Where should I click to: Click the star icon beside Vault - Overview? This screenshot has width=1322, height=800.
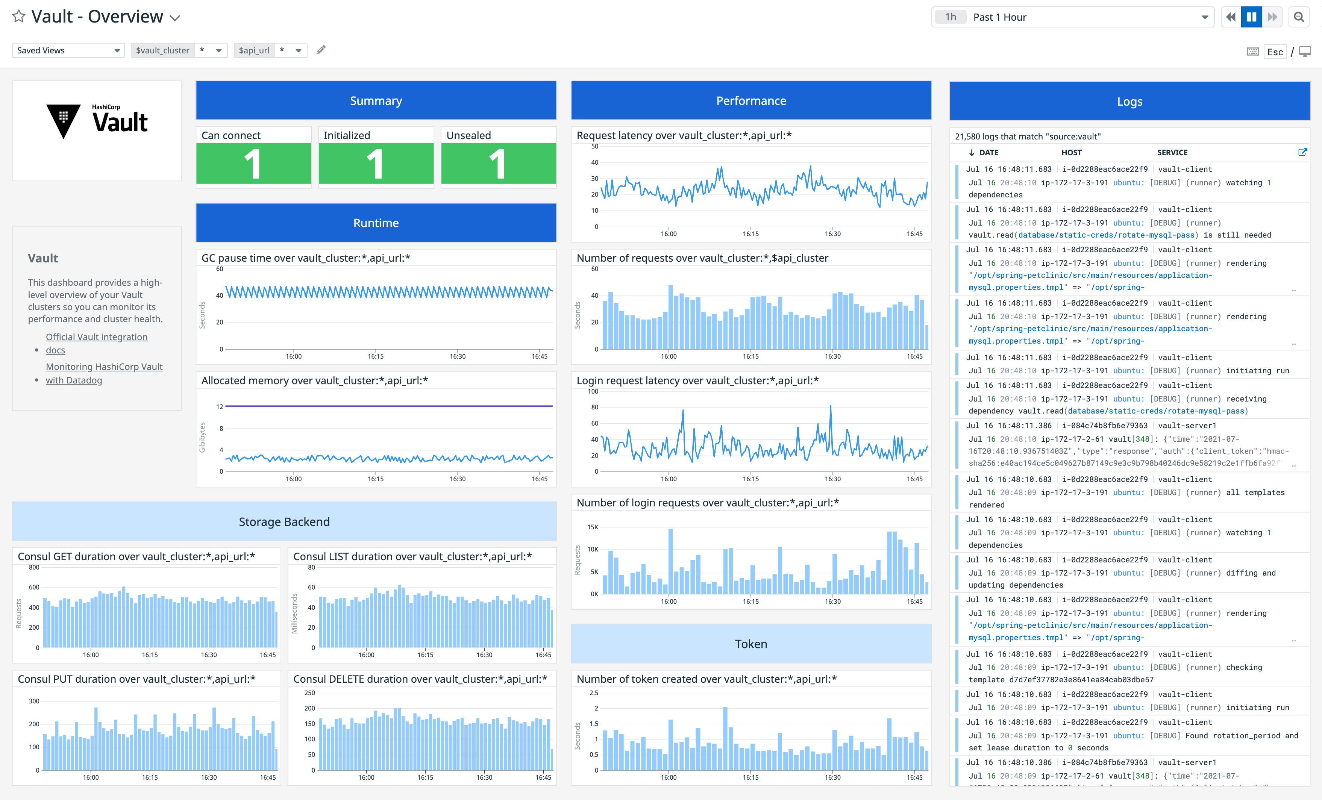pyautogui.click(x=19, y=17)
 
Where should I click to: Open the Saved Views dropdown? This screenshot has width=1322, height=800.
pyautogui.click(x=68, y=50)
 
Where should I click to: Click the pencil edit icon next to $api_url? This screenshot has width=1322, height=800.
pyautogui.click(x=321, y=50)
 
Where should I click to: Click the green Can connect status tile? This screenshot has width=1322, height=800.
pyautogui.click(x=253, y=163)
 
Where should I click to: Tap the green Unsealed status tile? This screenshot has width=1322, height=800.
pyautogui.click(x=498, y=163)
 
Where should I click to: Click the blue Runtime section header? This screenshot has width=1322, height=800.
pyautogui.click(x=376, y=223)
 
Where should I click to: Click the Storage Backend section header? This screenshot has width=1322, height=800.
pyautogui.click(x=284, y=521)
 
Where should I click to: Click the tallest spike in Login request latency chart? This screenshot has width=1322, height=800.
pyautogui.click(x=831, y=407)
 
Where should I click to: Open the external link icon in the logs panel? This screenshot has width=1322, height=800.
pyautogui.click(x=1302, y=152)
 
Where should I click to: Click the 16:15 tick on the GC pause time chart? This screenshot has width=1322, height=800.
pyautogui.click(x=376, y=356)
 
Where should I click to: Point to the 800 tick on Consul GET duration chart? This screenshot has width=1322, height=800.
pyautogui.click(x=34, y=567)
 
